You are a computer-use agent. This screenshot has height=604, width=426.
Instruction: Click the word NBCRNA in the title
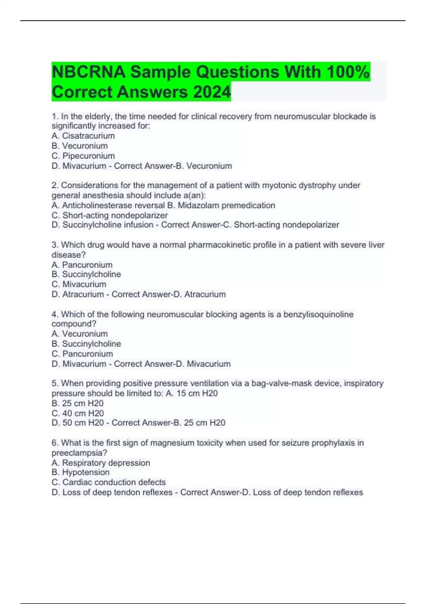88,72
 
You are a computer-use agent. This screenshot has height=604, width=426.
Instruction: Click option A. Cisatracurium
83,136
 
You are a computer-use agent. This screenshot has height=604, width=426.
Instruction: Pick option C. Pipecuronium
83,156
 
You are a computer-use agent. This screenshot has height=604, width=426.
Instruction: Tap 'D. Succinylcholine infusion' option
102,225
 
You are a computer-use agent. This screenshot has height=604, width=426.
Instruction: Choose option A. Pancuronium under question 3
82,265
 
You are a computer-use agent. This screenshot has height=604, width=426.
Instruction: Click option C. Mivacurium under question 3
79,284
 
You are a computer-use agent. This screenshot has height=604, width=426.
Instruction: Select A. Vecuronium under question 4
80,334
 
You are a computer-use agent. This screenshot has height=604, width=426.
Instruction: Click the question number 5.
55,383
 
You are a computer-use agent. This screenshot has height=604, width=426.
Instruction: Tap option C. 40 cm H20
78,413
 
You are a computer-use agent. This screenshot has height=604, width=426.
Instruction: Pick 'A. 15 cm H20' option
192,393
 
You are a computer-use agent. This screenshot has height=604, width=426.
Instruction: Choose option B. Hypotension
81,472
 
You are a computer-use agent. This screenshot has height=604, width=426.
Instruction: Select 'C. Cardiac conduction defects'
109,482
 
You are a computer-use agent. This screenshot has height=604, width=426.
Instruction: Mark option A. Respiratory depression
101,463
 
